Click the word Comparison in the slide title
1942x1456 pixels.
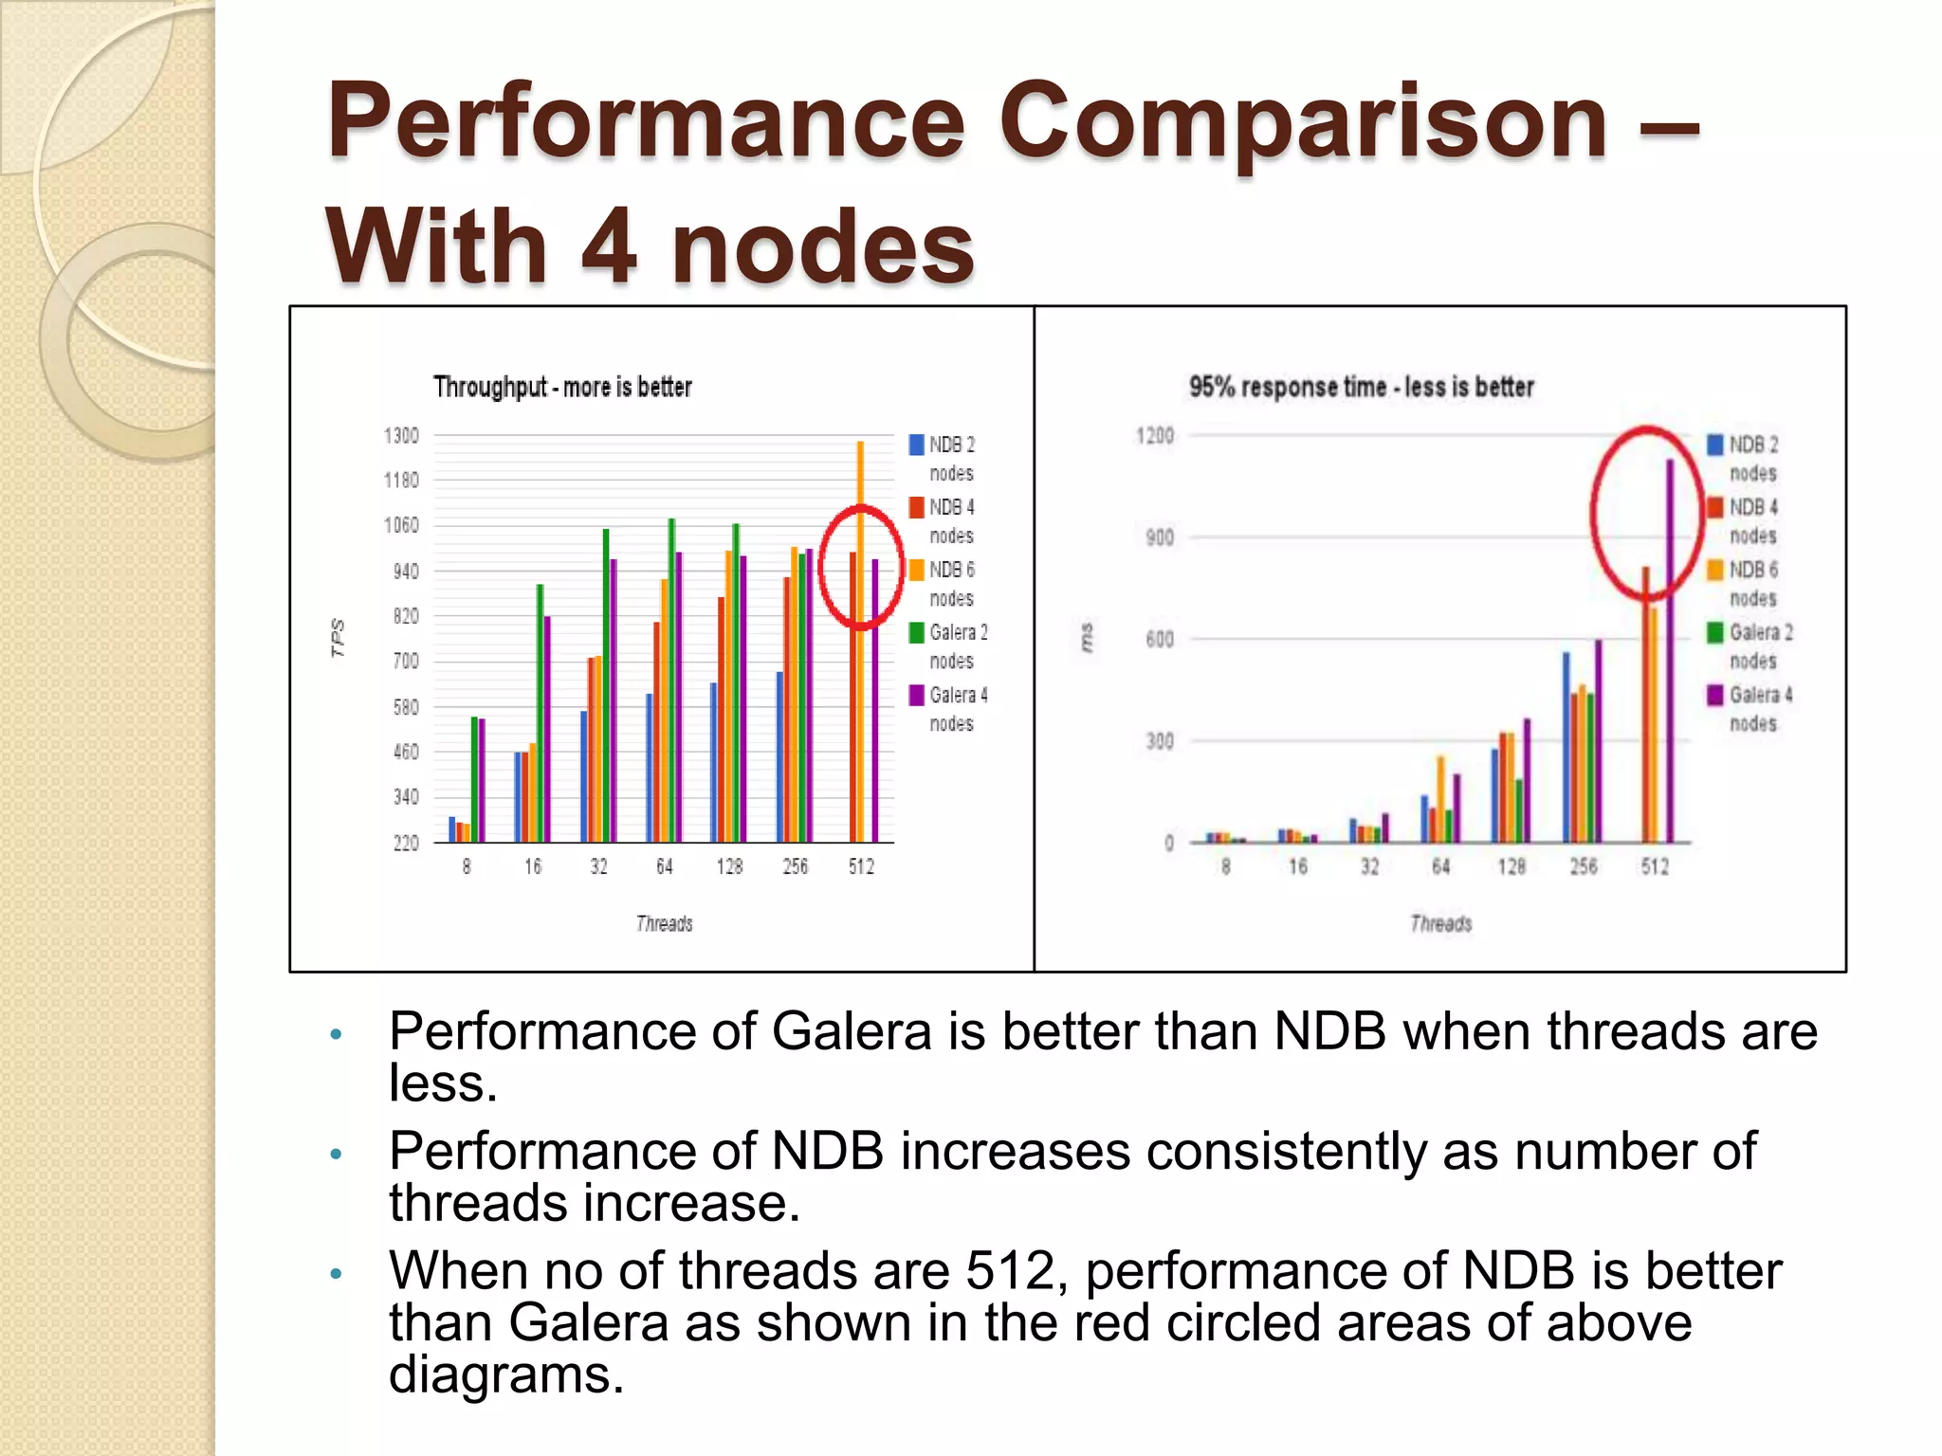pos(1304,123)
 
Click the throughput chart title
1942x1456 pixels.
pos(562,387)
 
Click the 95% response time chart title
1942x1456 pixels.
pos(1361,387)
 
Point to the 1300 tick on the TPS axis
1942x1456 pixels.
pos(401,435)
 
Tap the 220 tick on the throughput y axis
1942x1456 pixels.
pos(405,843)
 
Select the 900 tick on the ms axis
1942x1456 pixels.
pos(1160,537)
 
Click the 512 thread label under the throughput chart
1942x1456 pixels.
pos(861,866)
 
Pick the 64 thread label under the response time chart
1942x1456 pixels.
pos(1440,866)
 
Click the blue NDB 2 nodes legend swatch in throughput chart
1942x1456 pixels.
pos(917,445)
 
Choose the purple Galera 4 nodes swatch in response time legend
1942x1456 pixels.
pos(1715,695)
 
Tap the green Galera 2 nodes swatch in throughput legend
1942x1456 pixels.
pos(917,632)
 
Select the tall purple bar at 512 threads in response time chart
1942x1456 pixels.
pos(1670,654)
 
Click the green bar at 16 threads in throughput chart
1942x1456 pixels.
pos(540,711)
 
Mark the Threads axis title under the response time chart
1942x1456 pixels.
pos(1440,923)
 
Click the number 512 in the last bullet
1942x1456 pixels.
pos(1009,1270)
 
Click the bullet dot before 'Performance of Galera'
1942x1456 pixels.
pos(335,1034)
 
